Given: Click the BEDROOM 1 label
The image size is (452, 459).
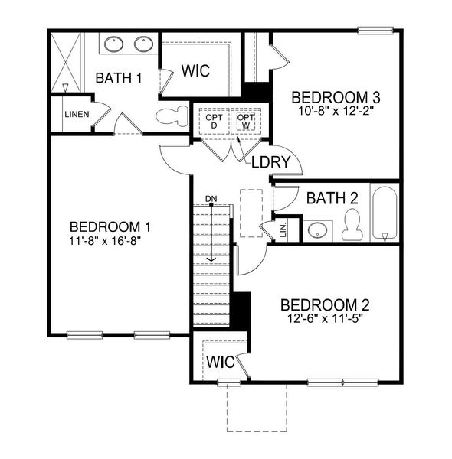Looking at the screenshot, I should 109,227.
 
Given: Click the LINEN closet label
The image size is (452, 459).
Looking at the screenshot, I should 77,115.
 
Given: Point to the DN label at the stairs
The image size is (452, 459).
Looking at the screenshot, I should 211,200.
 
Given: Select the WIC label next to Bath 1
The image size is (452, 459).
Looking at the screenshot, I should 196,70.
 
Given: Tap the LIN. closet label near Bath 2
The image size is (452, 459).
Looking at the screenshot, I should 282,229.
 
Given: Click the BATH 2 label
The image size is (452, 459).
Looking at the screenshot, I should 332,198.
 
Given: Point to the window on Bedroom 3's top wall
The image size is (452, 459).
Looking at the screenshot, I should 375,31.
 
